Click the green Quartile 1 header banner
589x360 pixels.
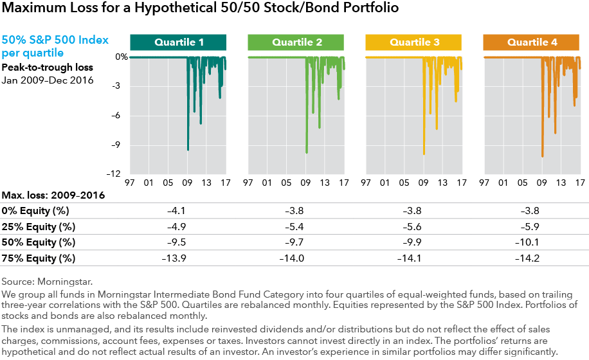[x=178, y=42]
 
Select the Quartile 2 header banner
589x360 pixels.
[x=296, y=42]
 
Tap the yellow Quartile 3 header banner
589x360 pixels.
[x=414, y=42]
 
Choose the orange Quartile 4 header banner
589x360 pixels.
[x=532, y=42]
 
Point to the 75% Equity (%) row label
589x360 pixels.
[x=39, y=258]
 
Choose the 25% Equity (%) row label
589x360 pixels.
[x=39, y=226]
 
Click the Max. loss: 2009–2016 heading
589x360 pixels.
[x=53, y=195]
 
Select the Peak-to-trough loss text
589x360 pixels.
[x=47, y=67]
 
